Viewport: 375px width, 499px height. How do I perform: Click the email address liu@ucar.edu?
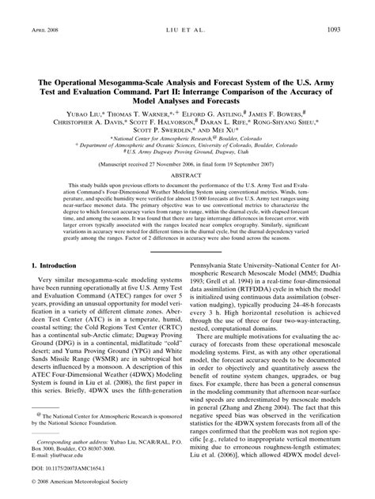pos(72,456)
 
